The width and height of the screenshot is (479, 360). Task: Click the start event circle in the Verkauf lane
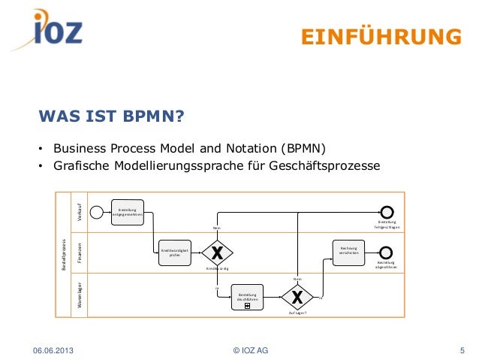click(x=96, y=211)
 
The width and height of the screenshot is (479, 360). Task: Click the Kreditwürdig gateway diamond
click(x=218, y=252)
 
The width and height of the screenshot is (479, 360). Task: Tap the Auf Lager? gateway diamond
click(x=297, y=297)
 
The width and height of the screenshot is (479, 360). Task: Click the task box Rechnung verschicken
click(x=348, y=251)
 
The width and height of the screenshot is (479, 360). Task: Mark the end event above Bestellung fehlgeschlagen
click(x=387, y=211)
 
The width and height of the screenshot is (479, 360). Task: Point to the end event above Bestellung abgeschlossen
click(x=387, y=252)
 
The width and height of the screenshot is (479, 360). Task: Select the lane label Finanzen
click(x=79, y=252)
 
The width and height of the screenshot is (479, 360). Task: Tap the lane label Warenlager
click(x=79, y=295)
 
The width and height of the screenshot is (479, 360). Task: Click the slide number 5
click(x=462, y=349)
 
